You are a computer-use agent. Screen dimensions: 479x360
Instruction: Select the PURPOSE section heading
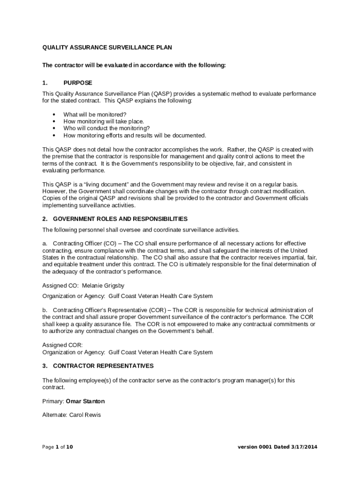pyautogui.click(x=78, y=83)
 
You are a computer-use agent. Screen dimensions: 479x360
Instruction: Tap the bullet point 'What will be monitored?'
pyautogui.click(x=95, y=115)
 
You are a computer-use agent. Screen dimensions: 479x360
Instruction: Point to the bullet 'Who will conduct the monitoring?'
pyautogui.click(x=107, y=129)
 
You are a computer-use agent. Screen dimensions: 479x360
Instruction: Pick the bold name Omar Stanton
pyautogui.click(x=85, y=401)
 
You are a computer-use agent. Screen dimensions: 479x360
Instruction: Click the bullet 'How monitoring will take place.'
pyautogui.click(x=103, y=122)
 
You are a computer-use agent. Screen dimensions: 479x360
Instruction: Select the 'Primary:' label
pyautogui.click(x=53, y=401)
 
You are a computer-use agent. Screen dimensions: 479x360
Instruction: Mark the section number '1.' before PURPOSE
pyautogui.click(x=45, y=83)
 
